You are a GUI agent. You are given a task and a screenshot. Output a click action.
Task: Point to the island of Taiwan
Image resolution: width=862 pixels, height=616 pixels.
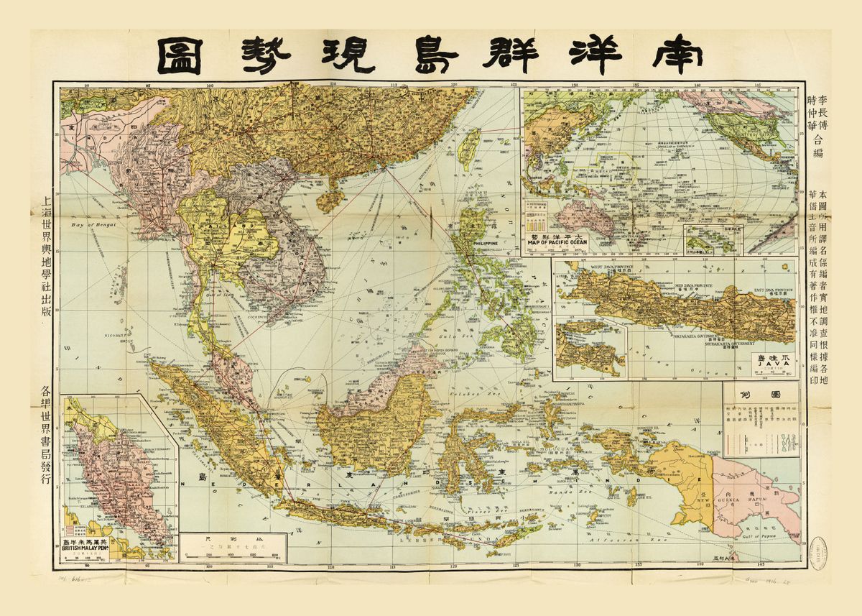(x=469, y=144)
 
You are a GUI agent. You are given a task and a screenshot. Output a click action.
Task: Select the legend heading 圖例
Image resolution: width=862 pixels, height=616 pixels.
(x=761, y=395)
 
